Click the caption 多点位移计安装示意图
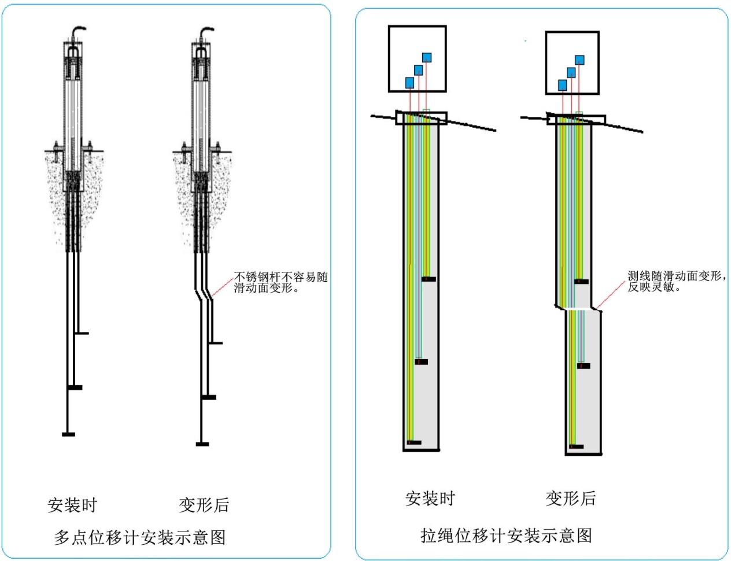[140, 537]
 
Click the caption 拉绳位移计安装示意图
[506, 536]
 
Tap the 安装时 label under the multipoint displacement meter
[72, 505]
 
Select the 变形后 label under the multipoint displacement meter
[204, 505]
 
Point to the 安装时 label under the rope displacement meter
[430, 499]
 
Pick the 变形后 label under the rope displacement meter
[570, 498]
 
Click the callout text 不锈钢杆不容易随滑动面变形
[280, 282]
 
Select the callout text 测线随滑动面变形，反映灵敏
[677, 281]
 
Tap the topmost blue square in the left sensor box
[427, 57]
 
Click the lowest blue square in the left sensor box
[409, 83]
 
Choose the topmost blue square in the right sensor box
[579, 60]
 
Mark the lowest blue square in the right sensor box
[562, 85]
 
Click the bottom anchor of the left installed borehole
[414, 442]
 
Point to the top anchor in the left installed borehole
[429, 279]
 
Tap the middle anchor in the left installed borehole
[422, 362]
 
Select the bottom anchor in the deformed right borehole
[577, 446]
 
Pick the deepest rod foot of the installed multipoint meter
[68, 434]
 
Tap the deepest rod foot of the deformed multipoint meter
[202, 444]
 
